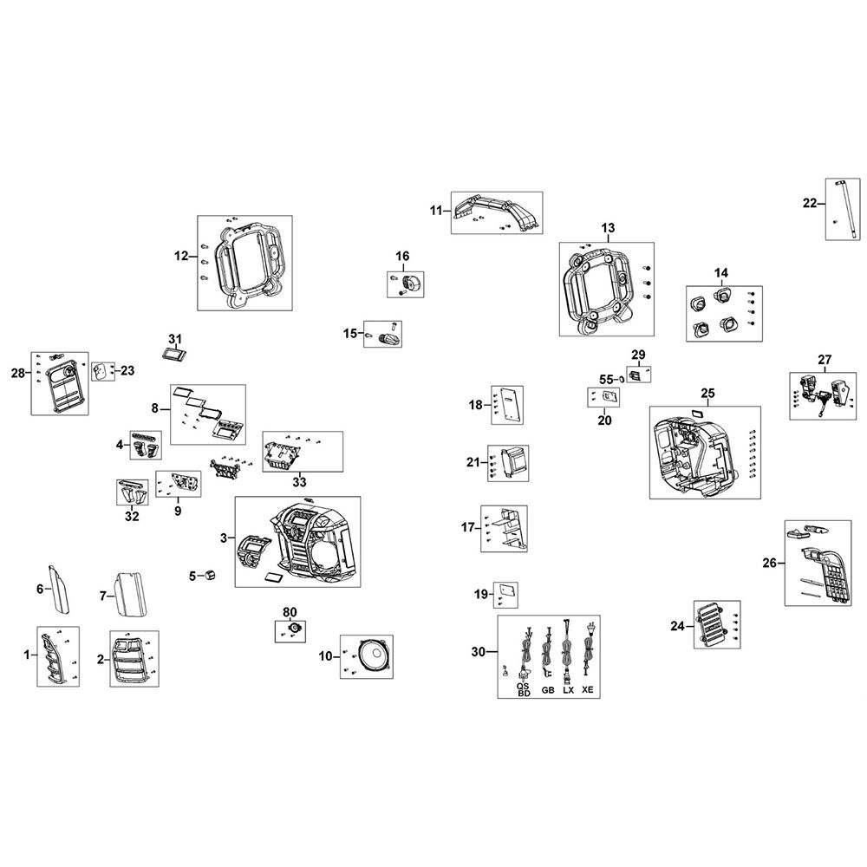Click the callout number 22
(x=809, y=203)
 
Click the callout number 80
(x=290, y=612)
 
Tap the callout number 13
(x=607, y=227)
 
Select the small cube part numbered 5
(x=209, y=575)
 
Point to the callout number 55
(x=606, y=379)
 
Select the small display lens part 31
(x=176, y=354)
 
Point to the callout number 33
(x=299, y=481)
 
